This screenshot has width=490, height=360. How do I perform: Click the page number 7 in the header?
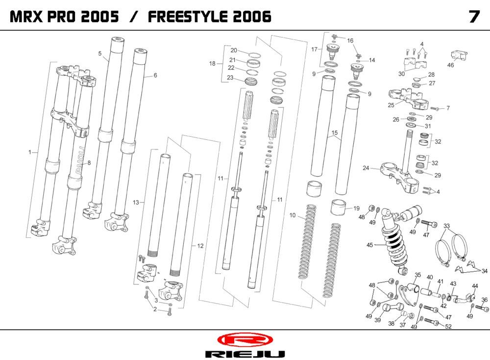pyautogui.click(x=473, y=16)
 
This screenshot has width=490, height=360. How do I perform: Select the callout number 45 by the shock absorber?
pyautogui.click(x=370, y=245)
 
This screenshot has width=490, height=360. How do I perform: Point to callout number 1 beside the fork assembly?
pyautogui.click(x=30, y=153)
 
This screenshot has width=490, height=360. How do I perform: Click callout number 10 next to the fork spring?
pyautogui.click(x=292, y=215)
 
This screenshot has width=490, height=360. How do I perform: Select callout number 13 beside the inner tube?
pyautogui.click(x=136, y=202)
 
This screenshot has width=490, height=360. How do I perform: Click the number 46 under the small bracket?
pyautogui.click(x=451, y=65)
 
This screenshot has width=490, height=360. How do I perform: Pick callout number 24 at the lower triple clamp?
pyautogui.click(x=366, y=168)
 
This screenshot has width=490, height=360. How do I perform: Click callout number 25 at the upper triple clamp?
pyautogui.click(x=391, y=105)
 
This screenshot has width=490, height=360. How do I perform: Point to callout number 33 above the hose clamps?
pyautogui.click(x=446, y=226)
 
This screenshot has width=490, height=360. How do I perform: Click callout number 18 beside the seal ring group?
pyautogui.click(x=212, y=64)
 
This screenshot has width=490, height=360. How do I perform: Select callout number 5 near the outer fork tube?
pyautogui.click(x=99, y=53)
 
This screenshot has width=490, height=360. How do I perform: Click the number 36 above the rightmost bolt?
pyautogui.click(x=484, y=300)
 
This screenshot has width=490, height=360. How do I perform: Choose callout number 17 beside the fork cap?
pyautogui.click(x=314, y=49)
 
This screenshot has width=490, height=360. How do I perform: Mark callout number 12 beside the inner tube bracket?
pyautogui.click(x=200, y=245)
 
